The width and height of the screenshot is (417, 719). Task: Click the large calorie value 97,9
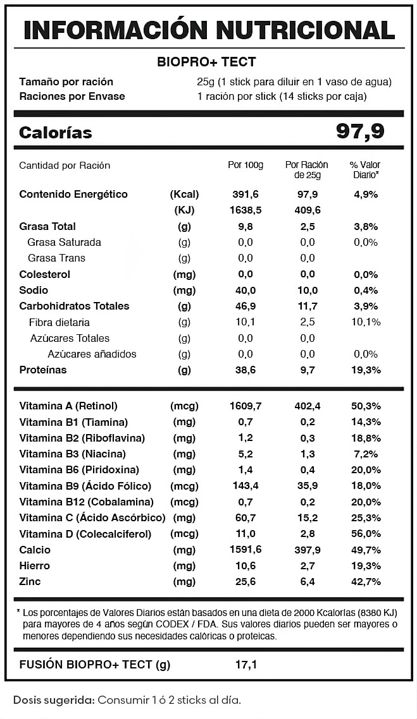click(360, 132)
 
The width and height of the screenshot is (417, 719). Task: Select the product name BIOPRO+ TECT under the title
click(206, 61)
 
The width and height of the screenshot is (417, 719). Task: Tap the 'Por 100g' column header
click(245, 165)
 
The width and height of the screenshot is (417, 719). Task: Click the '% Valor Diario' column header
click(364, 169)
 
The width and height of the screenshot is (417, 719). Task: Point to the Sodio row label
click(34, 290)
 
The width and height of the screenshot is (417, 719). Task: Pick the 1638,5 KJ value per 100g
click(245, 210)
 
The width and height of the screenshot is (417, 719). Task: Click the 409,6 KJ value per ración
click(308, 210)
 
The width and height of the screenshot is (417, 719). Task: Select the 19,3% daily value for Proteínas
click(364, 370)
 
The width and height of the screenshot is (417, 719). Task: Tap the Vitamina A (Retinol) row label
click(68, 406)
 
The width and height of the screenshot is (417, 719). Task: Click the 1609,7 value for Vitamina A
click(245, 406)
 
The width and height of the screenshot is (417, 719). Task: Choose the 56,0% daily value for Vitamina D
click(364, 534)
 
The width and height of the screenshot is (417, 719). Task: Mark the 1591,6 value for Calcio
click(245, 550)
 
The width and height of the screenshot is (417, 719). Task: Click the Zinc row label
click(31, 581)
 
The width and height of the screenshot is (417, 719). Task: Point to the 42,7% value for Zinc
click(364, 581)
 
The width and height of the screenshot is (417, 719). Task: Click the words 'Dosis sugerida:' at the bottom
click(53, 700)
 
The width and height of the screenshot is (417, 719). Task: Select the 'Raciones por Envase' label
click(72, 96)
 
